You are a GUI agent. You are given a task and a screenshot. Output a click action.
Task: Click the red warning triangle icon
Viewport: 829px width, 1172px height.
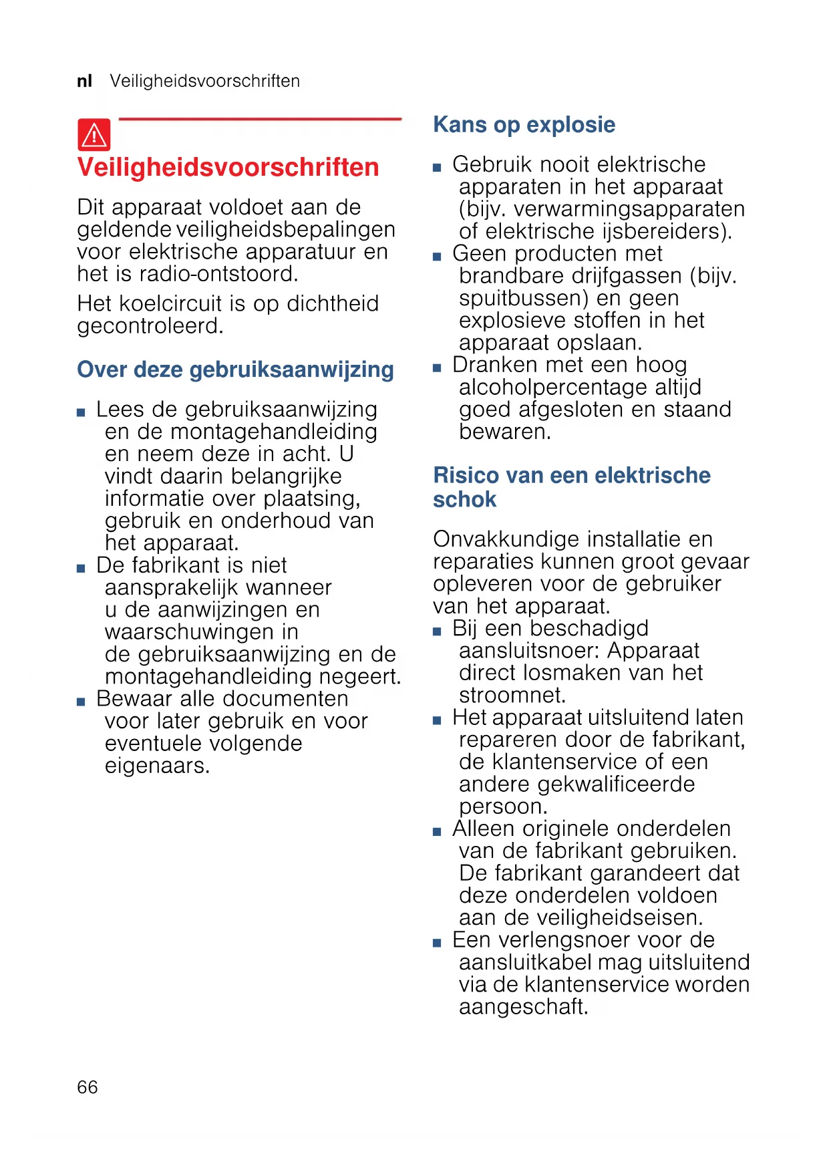click(94, 135)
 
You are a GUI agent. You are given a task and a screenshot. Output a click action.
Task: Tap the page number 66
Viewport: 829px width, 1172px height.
click(88, 1087)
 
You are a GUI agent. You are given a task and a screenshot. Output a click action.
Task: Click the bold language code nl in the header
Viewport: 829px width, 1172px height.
click(84, 82)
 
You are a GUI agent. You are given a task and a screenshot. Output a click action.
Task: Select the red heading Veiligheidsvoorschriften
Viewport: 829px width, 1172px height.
click(228, 167)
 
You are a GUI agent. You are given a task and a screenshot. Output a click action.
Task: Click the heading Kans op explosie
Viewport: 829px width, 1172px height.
click(524, 125)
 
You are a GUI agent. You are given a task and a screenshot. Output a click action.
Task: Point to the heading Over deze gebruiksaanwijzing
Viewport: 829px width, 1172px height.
click(235, 370)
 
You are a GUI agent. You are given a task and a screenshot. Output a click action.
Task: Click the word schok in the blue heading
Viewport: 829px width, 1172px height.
click(464, 500)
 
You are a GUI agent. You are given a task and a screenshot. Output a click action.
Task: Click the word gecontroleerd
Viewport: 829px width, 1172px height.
click(150, 326)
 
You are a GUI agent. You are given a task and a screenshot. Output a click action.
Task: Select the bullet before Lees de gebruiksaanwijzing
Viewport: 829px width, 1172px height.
click(81, 412)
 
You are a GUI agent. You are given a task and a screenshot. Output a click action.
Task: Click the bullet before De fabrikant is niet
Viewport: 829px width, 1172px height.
click(81, 569)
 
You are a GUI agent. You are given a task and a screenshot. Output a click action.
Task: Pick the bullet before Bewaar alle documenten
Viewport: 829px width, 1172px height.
click(81, 702)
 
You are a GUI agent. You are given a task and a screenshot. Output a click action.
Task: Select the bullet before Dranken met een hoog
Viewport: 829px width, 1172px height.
click(437, 368)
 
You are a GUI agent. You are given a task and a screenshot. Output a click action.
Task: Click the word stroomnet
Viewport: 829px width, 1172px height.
click(511, 696)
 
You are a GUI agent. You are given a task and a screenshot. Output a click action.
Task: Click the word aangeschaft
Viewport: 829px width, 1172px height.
click(522, 1007)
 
